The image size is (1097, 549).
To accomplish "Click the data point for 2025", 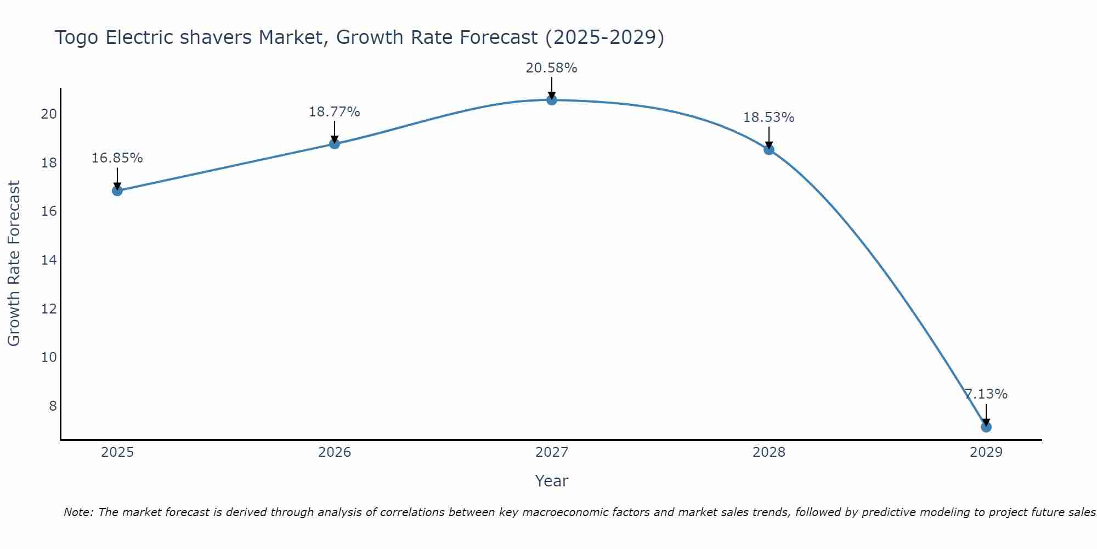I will coord(117,191).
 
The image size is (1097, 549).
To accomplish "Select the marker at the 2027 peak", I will coord(552,100).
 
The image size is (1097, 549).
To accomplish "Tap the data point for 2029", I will coord(986,427).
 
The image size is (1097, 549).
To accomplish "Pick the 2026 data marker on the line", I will coord(335,144).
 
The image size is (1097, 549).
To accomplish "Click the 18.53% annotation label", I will coord(768,117).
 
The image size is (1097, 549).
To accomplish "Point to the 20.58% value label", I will coord(551,68).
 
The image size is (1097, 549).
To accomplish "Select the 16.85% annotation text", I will coord(117,158).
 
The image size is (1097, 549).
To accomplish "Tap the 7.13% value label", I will coord(986,394).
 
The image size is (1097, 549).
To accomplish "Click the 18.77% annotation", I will coord(334,112).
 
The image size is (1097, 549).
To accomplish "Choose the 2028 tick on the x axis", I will coord(768,452).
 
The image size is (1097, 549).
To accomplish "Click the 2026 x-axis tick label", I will coord(335,452).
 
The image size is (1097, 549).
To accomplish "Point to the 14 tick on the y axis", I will coord(49,260).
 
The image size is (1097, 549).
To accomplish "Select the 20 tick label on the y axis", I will coord(49,114).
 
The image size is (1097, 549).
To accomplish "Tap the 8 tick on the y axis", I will coord(53,406).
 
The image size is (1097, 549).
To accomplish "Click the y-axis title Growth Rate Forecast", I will coord(14,264).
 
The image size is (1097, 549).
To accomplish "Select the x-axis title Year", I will coord(551,481).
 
